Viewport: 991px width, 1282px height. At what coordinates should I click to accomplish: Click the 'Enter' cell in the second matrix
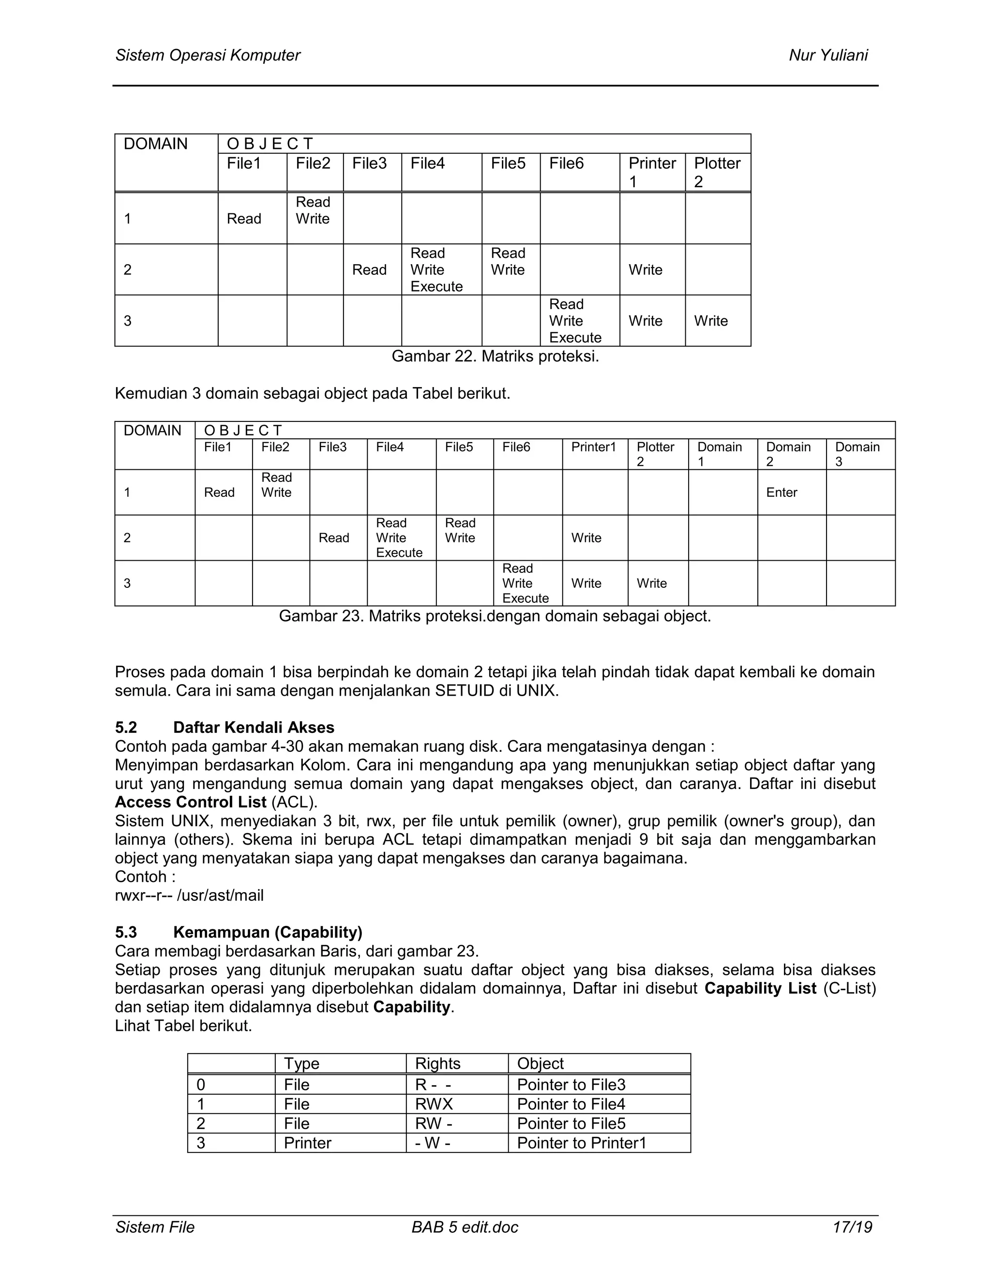[x=781, y=492]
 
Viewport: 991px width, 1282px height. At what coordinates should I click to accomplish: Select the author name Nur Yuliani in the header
[x=828, y=55]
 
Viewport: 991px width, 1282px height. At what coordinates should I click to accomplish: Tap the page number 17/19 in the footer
[x=852, y=1227]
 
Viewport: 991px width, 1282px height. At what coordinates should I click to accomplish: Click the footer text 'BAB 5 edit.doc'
[x=465, y=1227]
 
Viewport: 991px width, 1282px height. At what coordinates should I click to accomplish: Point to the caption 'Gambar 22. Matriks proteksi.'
[x=495, y=357]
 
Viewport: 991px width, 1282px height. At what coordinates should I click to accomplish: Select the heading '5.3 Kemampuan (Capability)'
[x=239, y=932]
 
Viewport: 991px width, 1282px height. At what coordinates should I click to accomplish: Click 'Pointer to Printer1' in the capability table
[x=581, y=1143]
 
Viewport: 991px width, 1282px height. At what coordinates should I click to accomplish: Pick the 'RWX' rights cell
[x=434, y=1104]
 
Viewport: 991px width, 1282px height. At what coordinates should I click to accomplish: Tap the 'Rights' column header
[x=437, y=1064]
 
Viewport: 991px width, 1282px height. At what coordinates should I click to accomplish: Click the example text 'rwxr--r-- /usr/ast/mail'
[x=189, y=895]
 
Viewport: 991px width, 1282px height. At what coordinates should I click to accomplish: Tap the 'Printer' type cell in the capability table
[x=307, y=1143]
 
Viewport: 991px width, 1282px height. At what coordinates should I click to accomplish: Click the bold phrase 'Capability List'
[x=760, y=988]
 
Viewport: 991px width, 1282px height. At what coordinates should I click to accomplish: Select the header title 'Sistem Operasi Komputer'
[x=208, y=55]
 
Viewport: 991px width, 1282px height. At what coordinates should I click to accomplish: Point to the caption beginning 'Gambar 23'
[x=495, y=616]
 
